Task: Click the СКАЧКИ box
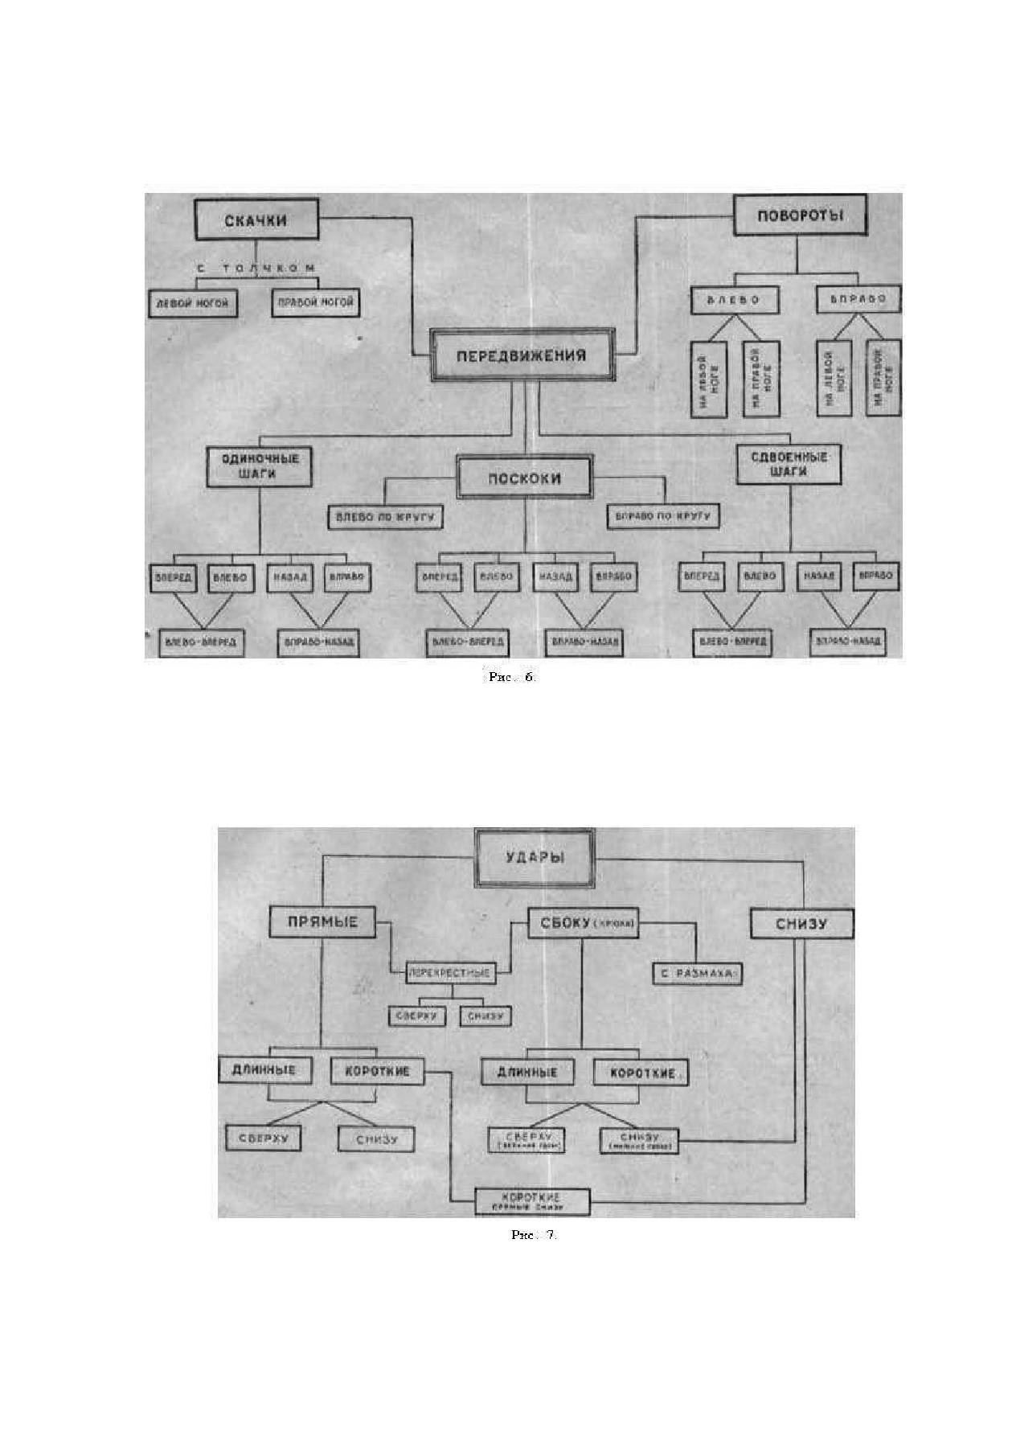coord(256,220)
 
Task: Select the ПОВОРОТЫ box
coord(801,215)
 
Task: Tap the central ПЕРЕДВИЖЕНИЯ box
coord(522,355)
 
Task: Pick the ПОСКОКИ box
coord(525,478)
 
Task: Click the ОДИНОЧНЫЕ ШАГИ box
coord(259,466)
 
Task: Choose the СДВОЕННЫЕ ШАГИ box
coord(789,464)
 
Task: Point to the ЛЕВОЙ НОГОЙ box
coord(193,304)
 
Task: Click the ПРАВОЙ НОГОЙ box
coord(315,303)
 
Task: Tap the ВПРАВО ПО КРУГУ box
coord(662,515)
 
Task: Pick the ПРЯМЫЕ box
coord(322,922)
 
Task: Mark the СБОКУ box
coord(584,924)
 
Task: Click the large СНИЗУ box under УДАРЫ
coord(801,924)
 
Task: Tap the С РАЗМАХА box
coord(696,973)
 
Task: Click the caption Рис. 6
coord(511,677)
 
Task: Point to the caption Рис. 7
coord(534,1234)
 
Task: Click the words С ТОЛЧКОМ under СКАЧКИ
coord(256,269)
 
